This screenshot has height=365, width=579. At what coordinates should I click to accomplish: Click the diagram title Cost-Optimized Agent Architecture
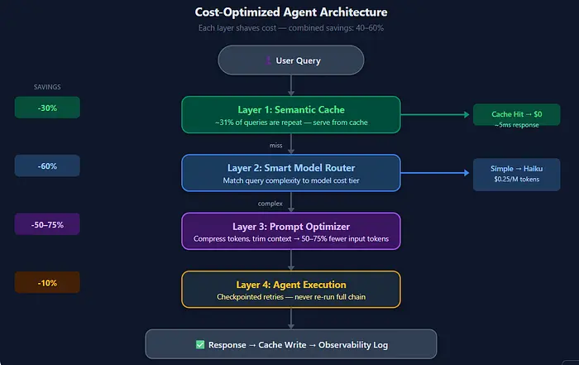(x=291, y=12)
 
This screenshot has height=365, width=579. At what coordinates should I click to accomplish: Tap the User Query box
(x=291, y=60)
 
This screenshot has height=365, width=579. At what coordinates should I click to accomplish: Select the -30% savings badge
(x=47, y=108)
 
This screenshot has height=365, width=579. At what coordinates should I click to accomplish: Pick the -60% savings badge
(x=47, y=166)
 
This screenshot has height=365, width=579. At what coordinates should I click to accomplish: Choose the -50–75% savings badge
(x=47, y=224)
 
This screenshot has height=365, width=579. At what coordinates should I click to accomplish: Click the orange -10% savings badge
(x=47, y=282)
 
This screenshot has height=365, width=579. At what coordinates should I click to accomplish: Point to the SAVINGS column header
(x=47, y=87)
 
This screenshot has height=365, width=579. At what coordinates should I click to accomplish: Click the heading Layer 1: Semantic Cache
(x=291, y=110)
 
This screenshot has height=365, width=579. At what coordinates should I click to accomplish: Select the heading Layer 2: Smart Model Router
(x=291, y=168)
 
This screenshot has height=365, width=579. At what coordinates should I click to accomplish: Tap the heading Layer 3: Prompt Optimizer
(x=291, y=227)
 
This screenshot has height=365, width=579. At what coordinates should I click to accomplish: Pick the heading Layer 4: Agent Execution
(x=291, y=285)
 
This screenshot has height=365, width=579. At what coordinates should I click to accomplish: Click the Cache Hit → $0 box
(x=517, y=115)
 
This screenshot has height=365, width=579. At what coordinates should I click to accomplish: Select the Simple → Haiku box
(x=517, y=175)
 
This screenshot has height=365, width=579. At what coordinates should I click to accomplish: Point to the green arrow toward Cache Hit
(x=435, y=114)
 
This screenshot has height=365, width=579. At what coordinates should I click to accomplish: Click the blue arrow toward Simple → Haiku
(x=435, y=172)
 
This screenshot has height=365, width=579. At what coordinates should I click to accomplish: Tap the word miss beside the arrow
(x=275, y=146)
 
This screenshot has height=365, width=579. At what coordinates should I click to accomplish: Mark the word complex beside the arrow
(x=270, y=204)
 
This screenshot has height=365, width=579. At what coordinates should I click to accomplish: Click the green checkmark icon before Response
(x=200, y=344)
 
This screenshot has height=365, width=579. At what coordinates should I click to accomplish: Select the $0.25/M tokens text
(x=517, y=179)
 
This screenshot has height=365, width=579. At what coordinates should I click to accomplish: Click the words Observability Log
(x=353, y=344)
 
